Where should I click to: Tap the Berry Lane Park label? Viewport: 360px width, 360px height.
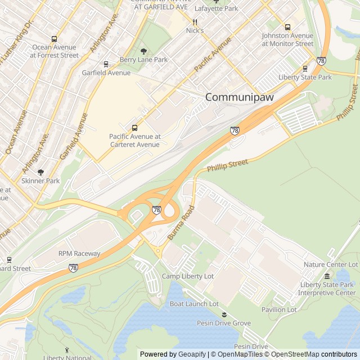tap(143, 60)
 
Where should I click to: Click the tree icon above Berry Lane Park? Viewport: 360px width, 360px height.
tap(143, 51)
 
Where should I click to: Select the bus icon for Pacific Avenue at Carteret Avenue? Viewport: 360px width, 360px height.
tap(134, 128)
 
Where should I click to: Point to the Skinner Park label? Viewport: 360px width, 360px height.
tap(40, 181)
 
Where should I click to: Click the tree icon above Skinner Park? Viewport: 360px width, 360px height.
tap(40, 173)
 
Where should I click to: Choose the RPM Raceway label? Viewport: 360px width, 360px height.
tap(79, 254)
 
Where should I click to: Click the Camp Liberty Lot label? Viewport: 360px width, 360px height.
tap(188, 276)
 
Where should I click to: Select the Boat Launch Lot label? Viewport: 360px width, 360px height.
tap(194, 304)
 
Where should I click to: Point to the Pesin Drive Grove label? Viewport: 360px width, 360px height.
tap(224, 323)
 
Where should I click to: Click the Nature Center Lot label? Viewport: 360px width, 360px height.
tap(331, 264)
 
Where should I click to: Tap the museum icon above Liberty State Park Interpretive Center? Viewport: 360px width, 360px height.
tap(327, 276)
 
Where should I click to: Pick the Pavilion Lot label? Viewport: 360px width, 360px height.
tap(279, 309)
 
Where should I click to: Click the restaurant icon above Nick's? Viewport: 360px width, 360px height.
tap(195, 22)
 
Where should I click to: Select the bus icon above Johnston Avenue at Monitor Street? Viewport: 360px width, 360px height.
tap(287, 26)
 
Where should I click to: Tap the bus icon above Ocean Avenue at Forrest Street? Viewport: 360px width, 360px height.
tap(55, 39)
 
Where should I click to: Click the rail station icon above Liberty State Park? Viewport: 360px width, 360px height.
tap(305, 68)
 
